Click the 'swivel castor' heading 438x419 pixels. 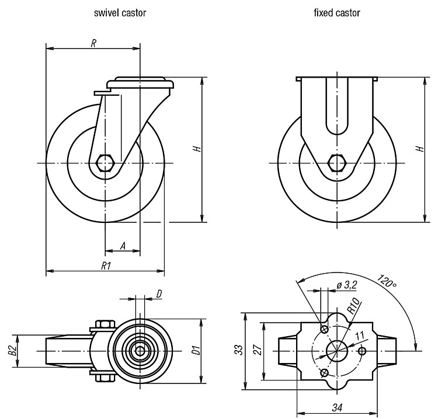[x=120, y=13]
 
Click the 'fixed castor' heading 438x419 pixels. [x=337, y=13]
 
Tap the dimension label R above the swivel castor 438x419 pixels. [x=93, y=43]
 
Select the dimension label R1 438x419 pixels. [x=106, y=266]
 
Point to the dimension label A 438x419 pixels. [x=123, y=246]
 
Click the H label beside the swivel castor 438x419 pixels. [x=197, y=148]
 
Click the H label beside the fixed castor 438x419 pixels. [x=420, y=148]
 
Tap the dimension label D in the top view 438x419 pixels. [x=159, y=294]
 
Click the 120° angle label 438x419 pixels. [x=387, y=282]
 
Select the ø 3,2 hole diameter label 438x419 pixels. [x=347, y=285]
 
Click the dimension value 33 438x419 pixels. [x=238, y=350]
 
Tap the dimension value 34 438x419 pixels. [x=337, y=408]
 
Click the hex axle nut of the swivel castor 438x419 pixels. [x=105, y=162]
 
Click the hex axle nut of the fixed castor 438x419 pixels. [x=337, y=162]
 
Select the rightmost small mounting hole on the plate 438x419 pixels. [x=362, y=351]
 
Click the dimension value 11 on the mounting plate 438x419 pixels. [x=360, y=336]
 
